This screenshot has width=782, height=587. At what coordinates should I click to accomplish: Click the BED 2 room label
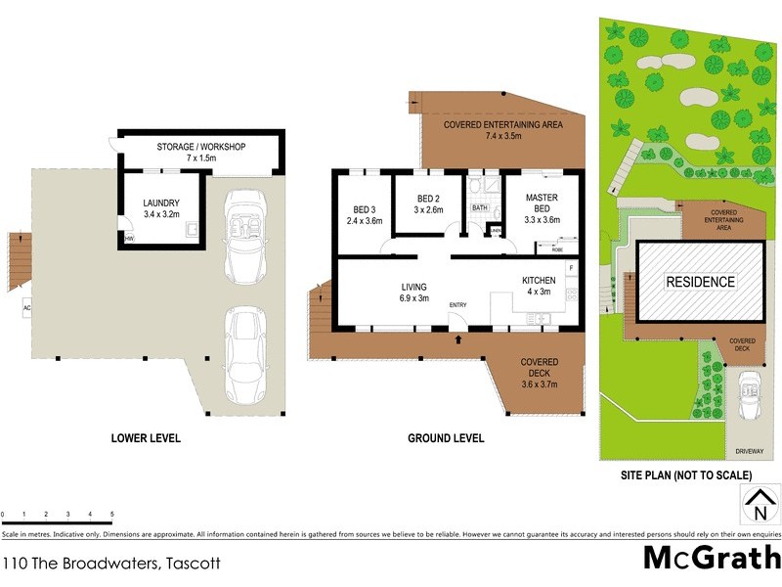click(428, 203)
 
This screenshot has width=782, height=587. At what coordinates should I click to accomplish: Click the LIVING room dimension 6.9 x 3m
click(414, 298)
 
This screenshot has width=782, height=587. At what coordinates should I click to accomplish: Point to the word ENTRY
click(457, 305)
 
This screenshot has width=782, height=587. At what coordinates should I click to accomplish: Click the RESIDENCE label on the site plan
click(700, 282)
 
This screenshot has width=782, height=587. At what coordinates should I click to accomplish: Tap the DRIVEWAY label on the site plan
click(750, 451)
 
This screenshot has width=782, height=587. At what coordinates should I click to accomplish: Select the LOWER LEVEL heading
click(147, 438)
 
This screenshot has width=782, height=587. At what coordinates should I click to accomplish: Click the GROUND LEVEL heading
click(446, 438)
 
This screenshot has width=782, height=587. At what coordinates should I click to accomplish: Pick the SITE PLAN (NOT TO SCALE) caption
click(686, 474)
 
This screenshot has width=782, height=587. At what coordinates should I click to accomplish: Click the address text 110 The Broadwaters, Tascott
click(111, 563)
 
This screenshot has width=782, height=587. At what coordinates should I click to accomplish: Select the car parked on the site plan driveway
click(750, 393)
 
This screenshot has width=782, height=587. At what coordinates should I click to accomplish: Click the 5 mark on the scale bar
click(111, 514)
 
